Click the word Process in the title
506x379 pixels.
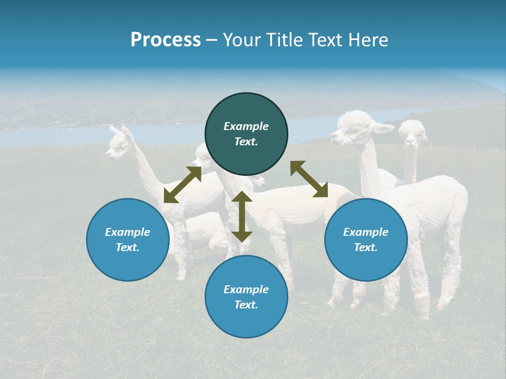166,40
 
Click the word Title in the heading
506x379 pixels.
284,40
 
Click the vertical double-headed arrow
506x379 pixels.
242,217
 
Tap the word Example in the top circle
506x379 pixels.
246,126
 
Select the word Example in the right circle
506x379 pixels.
365,232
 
